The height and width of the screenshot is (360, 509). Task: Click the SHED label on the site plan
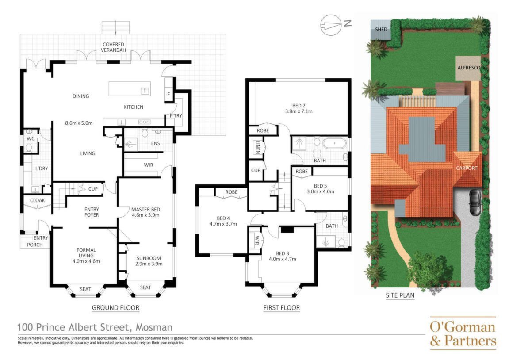pyautogui.click(x=381, y=29)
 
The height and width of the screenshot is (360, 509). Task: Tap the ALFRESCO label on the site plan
pyautogui.click(x=469, y=68)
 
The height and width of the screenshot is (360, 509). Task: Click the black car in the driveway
pyautogui.click(x=475, y=202)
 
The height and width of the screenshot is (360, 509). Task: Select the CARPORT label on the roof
pyautogui.click(x=467, y=168)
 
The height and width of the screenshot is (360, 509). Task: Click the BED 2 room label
pyautogui.click(x=299, y=106)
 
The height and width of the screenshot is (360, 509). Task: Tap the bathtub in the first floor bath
pyautogui.click(x=334, y=143)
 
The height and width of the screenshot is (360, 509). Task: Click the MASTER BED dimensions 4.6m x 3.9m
pyautogui.click(x=145, y=215)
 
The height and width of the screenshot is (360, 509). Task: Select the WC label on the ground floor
pyautogui.click(x=31, y=138)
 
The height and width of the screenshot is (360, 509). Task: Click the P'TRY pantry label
pyautogui.click(x=176, y=115)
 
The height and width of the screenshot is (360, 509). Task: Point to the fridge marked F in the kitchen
pyautogui.click(x=168, y=95)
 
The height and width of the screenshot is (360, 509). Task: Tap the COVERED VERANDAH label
pyautogui.click(x=113, y=47)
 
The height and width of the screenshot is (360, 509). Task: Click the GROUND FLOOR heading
pyautogui.click(x=115, y=308)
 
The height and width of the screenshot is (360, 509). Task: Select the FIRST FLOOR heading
pyautogui.click(x=281, y=308)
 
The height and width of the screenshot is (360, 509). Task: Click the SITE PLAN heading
pyautogui.click(x=400, y=295)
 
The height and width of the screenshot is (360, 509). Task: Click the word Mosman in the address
pyautogui.click(x=154, y=327)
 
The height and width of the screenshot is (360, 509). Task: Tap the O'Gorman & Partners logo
pyautogui.click(x=463, y=333)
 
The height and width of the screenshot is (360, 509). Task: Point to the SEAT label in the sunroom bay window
pyautogui.click(x=145, y=287)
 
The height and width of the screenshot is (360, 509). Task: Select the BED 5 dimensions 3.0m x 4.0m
pyautogui.click(x=321, y=191)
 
